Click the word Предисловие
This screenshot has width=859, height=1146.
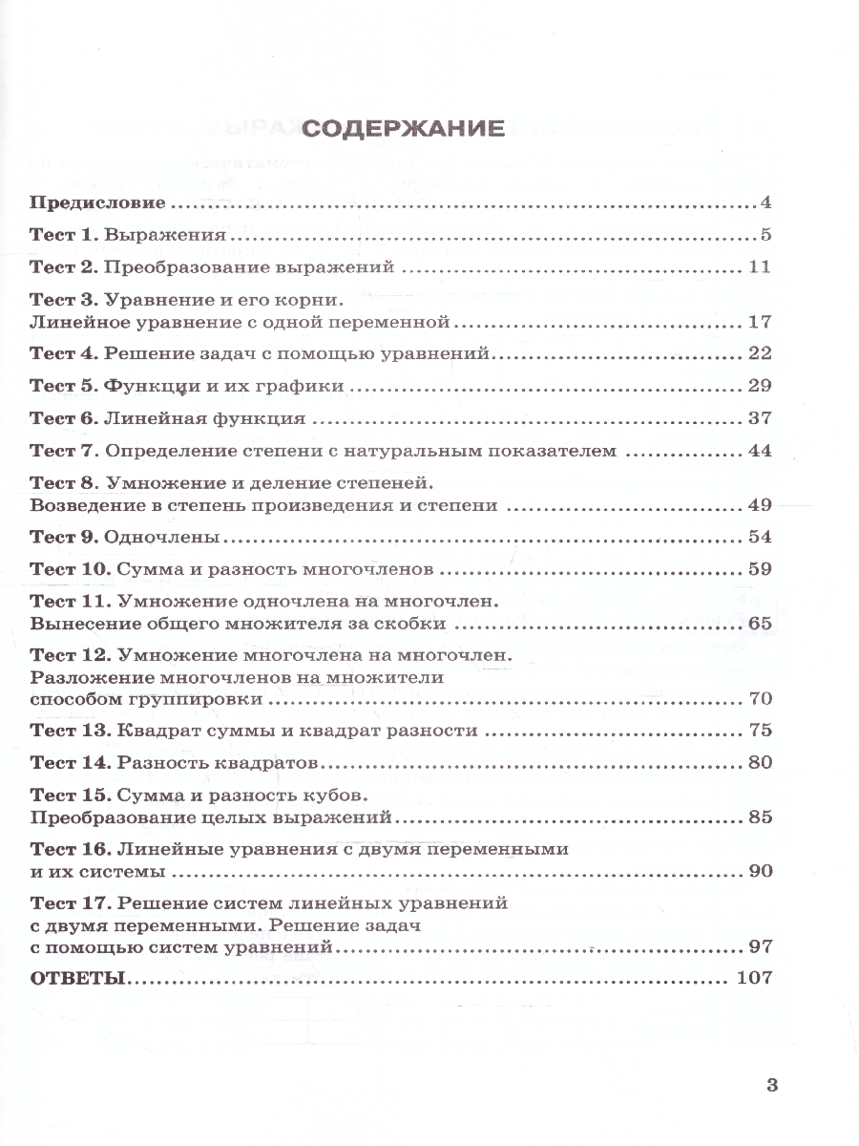pos(99,203)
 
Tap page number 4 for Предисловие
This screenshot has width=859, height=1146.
pos(765,203)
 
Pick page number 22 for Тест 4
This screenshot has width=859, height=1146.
pos(759,353)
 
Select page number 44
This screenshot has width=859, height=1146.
pos(759,451)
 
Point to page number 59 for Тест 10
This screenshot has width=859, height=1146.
pos(759,569)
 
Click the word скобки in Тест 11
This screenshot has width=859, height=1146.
pos(409,624)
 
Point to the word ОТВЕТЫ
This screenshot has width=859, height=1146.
pos(77,979)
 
